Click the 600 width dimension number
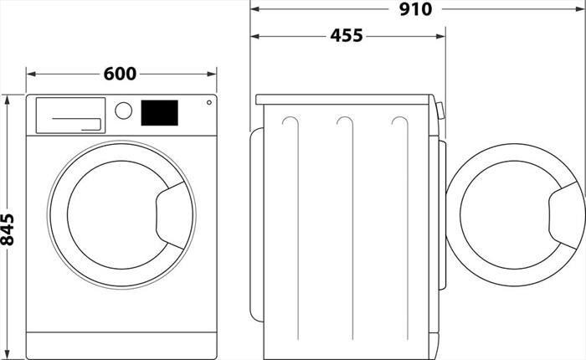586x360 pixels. (120, 74)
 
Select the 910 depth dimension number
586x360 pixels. (416, 9)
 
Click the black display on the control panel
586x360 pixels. (159, 113)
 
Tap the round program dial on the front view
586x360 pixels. (124, 111)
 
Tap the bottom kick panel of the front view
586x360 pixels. (121, 344)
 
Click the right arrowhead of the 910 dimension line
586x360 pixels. (580, 9)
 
